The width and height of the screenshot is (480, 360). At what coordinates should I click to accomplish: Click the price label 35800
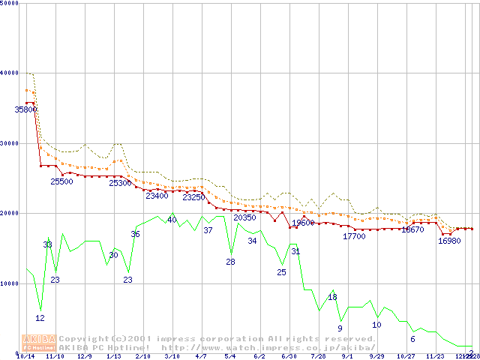coord(26,109)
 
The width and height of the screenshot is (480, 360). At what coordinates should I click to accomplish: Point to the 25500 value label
coord(61,181)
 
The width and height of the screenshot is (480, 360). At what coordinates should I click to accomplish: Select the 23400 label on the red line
coord(157,196)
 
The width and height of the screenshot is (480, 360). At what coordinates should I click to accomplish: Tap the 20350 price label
coord(244,217)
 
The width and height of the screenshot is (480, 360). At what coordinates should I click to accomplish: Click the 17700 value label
coord(354,236)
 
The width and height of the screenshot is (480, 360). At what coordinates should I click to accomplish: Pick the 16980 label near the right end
coord(449,241)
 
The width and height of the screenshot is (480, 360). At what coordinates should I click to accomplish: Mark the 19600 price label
coord(303,223)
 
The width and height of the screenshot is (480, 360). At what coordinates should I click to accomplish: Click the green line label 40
coord(172,220)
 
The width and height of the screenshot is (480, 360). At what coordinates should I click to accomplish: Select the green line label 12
coord(40,318)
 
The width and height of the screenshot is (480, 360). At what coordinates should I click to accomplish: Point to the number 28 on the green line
coord(230,262)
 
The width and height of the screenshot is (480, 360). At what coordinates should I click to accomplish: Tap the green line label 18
coord(332,297)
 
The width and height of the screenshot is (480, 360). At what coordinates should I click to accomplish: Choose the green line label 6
coord(412,339)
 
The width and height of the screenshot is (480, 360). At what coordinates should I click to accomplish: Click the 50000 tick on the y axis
coord(10,4)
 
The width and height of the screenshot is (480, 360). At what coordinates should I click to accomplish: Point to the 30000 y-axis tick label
coord(10,143)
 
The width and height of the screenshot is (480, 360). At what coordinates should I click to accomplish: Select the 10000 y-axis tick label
coord(10,283)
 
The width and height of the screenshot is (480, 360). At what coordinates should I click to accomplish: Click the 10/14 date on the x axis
coord(25,357)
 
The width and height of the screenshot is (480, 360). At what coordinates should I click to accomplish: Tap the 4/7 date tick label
coord(201,357)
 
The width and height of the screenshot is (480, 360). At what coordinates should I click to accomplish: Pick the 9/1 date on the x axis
coord(347,357)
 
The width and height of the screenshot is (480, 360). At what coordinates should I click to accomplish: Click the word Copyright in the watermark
coord(84,339)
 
